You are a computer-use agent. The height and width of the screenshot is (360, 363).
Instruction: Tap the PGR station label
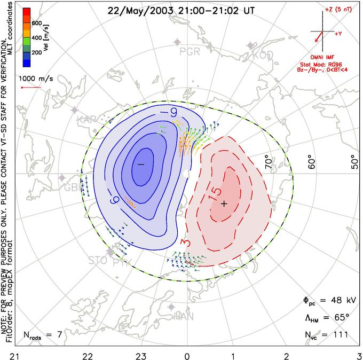pos(190,52)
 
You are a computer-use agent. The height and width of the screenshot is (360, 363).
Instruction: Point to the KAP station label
pos(88,119)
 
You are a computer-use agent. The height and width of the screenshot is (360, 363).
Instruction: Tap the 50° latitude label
pos(354,161)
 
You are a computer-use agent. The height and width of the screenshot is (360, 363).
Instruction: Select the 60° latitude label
pos(312,161)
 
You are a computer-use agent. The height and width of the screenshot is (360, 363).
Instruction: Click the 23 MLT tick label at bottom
pos(141,354)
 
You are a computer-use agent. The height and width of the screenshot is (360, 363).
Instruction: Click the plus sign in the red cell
pos(224,204)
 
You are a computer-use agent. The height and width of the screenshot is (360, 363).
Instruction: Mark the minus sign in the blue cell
pos(141,165)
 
